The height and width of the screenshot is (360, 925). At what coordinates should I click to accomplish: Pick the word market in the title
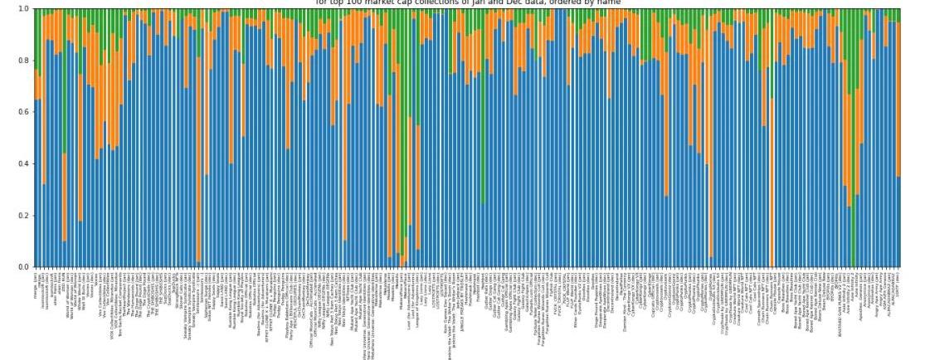point(381,2)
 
